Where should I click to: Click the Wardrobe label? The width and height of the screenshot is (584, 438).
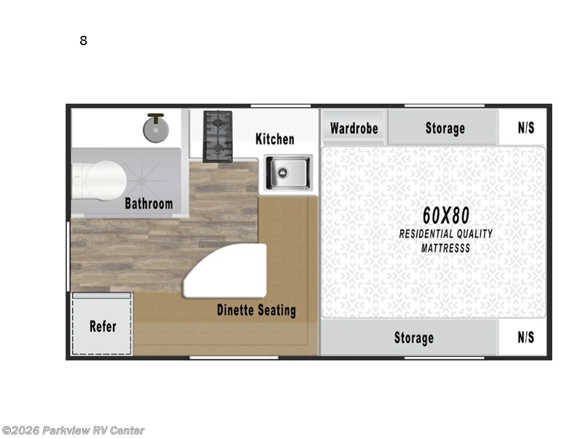[x=354, y=128]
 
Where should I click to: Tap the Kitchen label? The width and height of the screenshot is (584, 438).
[x=274, y=139]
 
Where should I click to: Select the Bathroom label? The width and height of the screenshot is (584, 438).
[x=148, y=204]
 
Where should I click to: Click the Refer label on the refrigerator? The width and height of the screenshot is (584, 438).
[x=102, y=326]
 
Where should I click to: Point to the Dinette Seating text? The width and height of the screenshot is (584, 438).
[x=256, y=310]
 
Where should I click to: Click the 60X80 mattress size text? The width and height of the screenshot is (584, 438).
[x=445, y=215]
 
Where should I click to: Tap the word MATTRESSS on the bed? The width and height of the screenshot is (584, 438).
[x=445, y=248]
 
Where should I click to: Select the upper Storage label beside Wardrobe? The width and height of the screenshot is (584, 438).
[x=445, y=128]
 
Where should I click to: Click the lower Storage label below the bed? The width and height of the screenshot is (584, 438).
[x=414, y=337]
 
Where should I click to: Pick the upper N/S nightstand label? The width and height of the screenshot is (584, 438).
[x=526, y=128]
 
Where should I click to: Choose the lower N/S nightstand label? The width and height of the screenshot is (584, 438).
[x=526, y=337]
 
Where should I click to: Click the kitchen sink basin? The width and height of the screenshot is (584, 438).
[x=286, y=173]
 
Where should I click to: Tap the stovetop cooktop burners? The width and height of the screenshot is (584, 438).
[x=217, y=136]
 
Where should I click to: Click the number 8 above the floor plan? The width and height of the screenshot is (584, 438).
[x=83, y=41]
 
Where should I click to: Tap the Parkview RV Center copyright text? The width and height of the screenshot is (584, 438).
[x=73, y=430]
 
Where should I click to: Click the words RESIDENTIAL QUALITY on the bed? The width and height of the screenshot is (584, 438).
[x=445, y=234]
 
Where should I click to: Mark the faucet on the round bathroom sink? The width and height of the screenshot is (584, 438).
[x=154, y=116]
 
